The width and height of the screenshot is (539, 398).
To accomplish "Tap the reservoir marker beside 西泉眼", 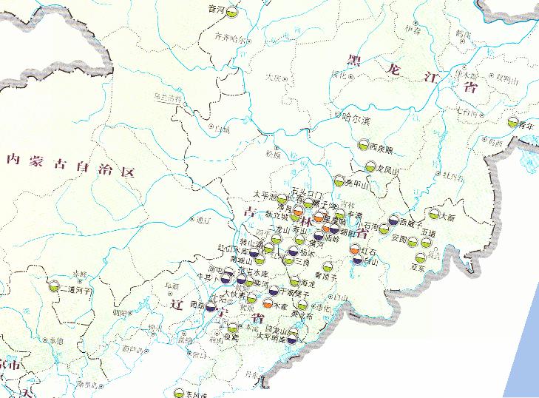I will [362, 146].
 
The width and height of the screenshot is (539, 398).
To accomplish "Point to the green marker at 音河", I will [231, 13].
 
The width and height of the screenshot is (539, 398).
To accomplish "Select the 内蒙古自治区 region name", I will [70, 161].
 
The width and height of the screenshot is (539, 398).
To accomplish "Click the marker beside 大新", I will [433, 215].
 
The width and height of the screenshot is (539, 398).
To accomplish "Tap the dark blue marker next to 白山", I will [356, 259].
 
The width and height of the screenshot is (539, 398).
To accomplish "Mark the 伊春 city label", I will [413, 30].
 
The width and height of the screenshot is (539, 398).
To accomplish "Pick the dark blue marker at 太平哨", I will [293, 340].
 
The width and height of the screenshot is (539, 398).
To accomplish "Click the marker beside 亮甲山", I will [339, 180].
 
